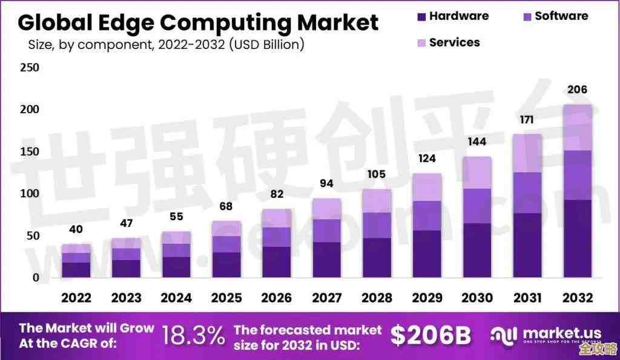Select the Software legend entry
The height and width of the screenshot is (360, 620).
pos(561,16)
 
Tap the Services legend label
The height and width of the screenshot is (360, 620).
pos(454,42)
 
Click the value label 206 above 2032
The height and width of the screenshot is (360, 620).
pos(577,90)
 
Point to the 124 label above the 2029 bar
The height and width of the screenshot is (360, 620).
pos(427,159)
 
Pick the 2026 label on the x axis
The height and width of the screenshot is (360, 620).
pos(276,298)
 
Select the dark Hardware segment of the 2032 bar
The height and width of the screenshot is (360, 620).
pos(577,238)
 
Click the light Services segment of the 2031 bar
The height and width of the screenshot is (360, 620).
pos(527,153)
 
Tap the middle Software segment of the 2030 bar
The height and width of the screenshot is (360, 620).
pos(477,206)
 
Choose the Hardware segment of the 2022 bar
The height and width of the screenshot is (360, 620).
pos(76,270)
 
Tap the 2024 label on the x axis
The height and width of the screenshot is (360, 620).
pos(176,298)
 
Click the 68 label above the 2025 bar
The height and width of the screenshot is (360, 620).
pos(226,206)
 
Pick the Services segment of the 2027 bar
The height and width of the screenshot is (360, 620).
pos(326,209)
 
